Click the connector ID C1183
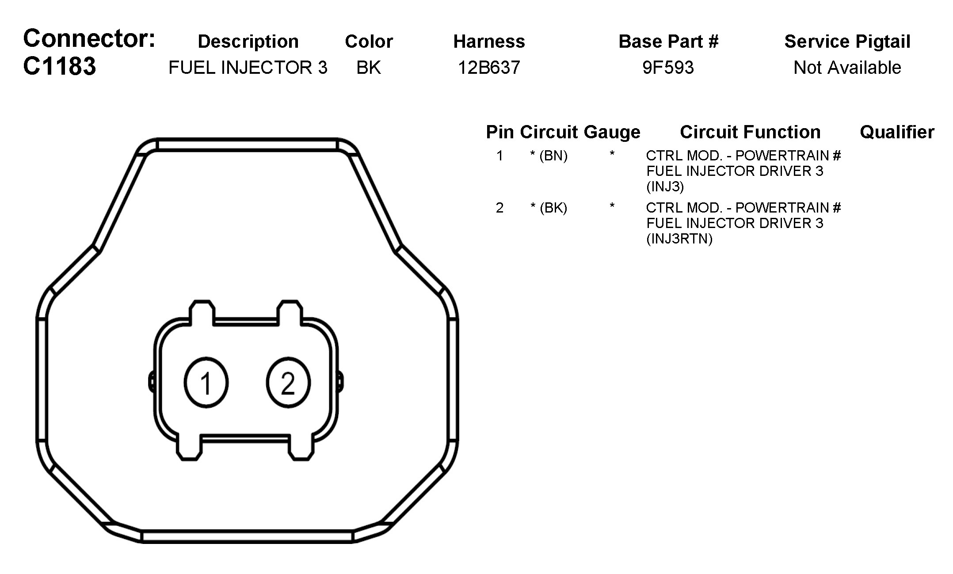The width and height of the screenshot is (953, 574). pyautogui.click(x=59, y=66)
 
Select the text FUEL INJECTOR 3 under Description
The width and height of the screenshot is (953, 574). pyautogui.click(x=248, y=68)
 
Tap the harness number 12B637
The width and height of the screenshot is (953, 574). pyautogui.click(x=489, y=68)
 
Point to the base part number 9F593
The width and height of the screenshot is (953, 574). pyautogui.click(x=668, y=68)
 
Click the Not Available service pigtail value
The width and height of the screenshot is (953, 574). pyautogui.click(x=847, y=68)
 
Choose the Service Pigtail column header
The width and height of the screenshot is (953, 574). pyautogui.click(x=847, y=42)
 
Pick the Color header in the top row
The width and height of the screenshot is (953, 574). pyautogui.click(x=369, y=42)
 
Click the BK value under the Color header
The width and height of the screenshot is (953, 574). pyautogui.click(x=369, y=68)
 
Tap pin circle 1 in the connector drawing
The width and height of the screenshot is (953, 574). pyautogui.click(x=206, y=383)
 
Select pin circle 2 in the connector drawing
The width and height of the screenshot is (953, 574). pyautogui.click(x=288, y=383)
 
